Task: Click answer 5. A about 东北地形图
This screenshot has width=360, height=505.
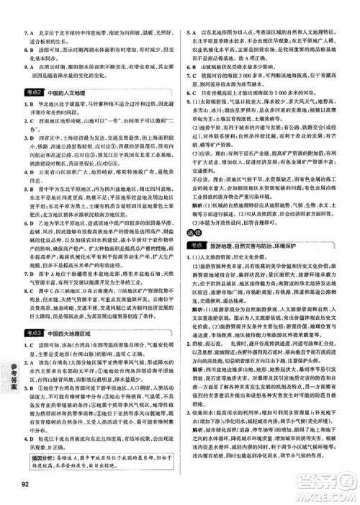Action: (193, 33)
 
